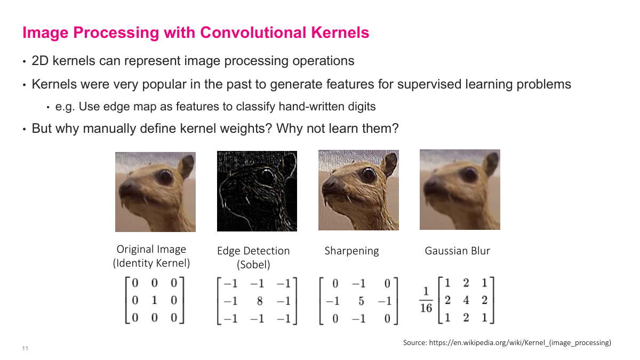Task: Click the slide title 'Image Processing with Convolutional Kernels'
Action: click(x=196, y=33)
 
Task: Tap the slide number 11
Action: click(x=25, y=349)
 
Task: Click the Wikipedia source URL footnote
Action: click(x=507, y=343)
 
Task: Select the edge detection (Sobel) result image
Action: click(x=257, y=191)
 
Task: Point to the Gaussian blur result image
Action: click(x=460, y=189)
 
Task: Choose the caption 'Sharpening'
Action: click(x=351, y=251)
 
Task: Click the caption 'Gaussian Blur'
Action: click(x=457, y=251)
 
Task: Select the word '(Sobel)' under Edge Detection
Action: click(x=253, y=265)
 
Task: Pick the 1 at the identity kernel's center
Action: click(x=154, y=300)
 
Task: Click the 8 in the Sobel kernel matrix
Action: click(x=259, y=301)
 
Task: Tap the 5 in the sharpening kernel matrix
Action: click(x=361, y=301)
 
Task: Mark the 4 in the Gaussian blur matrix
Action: click(x=466, y=300)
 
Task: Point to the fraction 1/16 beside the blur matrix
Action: click(x=426, y=301)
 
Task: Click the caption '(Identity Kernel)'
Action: click(x=151, y=263)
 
